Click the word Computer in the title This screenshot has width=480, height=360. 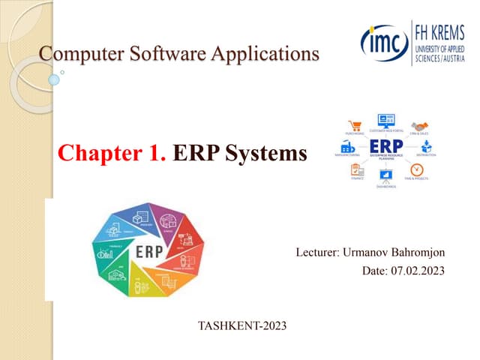(x=73, y=54)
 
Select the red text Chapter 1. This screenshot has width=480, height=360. (x=112, y=154)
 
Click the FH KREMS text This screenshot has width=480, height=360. (x=443, y=31)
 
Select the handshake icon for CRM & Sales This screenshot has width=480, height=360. (x=419, y=126)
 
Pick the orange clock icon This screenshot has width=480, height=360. (x=417, y=169)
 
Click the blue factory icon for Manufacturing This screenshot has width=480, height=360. (x=347, y=146)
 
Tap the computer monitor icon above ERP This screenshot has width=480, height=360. (x=385, y=121)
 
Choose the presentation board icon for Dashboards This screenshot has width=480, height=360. (x=386, y=176)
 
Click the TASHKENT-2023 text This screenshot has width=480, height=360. (x=241, y=325)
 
